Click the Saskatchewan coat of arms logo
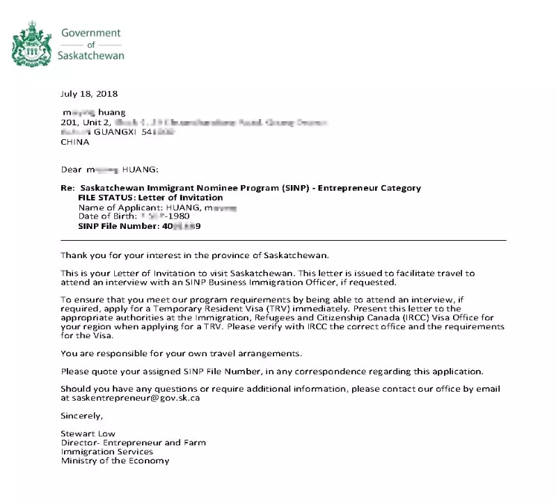click(x=32, y=43)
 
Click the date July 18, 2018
click(x=89, y=94)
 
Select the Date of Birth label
click(x=104, y=216)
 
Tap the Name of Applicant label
click(x=119, y=207)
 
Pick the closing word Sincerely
click(x=81, y=416)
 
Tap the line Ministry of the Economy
click(x=115, y=461)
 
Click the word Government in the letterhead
click(x=90, y=33)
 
